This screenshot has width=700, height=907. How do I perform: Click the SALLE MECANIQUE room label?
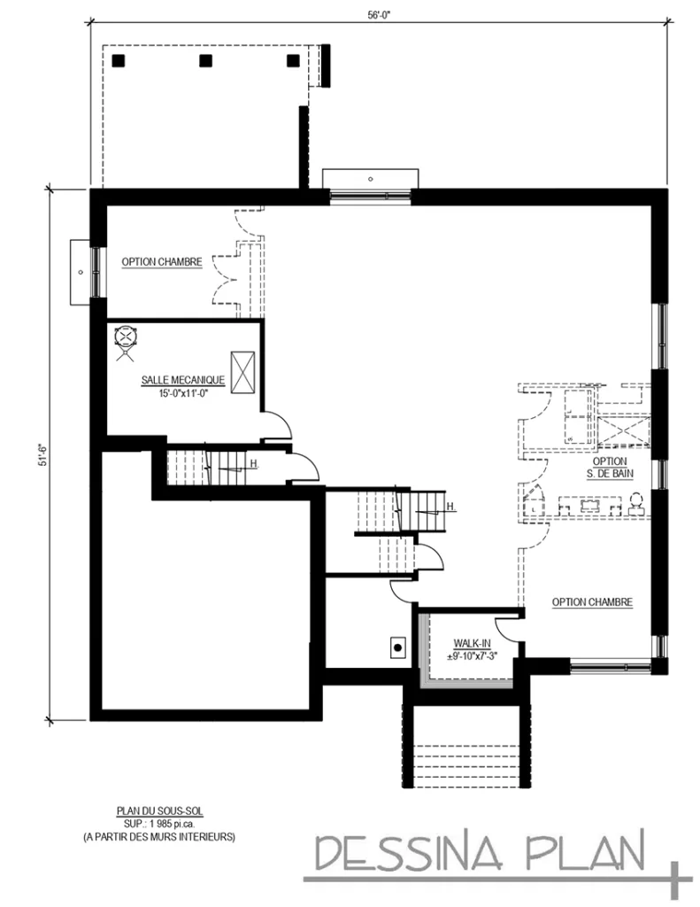click(182, 380)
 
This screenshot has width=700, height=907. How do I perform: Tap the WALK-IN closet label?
click(465, 642)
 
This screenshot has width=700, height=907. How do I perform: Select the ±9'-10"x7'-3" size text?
click(466, 655)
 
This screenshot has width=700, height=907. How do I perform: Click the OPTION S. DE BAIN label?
click(610, 467)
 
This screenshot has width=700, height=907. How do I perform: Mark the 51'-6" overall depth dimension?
click(39, 456)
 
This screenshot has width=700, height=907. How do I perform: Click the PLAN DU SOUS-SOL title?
click(158, 810)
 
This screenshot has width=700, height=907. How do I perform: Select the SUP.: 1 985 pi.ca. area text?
click(158, 823)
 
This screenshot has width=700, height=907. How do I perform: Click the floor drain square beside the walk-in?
click(398, 647)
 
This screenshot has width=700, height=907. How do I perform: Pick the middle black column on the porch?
click(206, 61)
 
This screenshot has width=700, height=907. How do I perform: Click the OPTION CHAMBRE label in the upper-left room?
click(162, 262)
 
